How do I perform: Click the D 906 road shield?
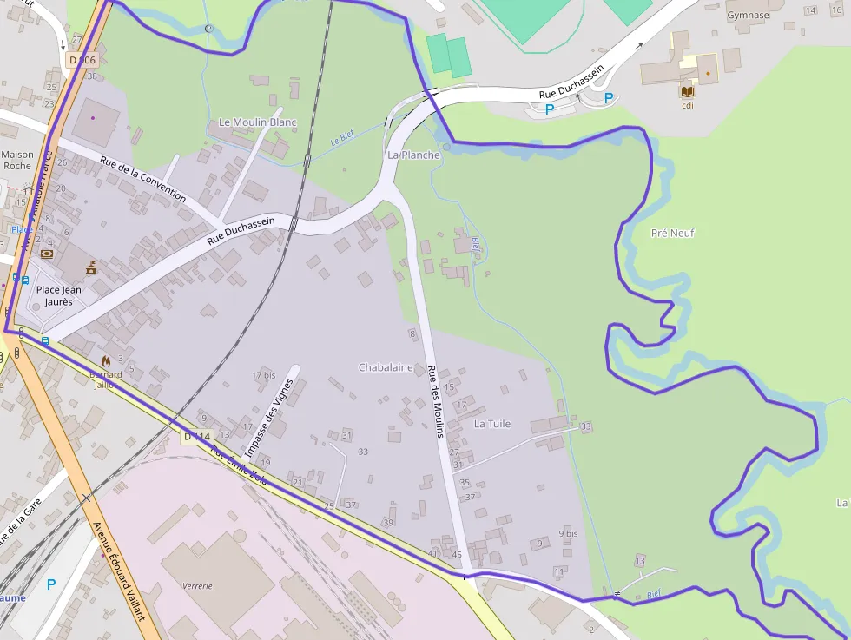point(82,60)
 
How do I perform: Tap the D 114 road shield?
point(197,437)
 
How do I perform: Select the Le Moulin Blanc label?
point(257,122)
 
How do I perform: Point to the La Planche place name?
point(413,155)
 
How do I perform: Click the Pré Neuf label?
point(672,233)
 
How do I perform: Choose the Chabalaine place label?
point(386,367)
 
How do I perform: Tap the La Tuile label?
point(492,424)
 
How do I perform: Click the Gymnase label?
point(748,15)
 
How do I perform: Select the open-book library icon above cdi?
point(688,91)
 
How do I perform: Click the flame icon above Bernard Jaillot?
point(106,360)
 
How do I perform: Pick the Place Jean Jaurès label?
point(59,295)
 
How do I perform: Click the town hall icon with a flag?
point(91,269)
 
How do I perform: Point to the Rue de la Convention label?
point(142,179)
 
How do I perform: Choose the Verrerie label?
point(197,585)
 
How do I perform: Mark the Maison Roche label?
point(17,160)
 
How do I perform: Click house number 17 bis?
point(263,375)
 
